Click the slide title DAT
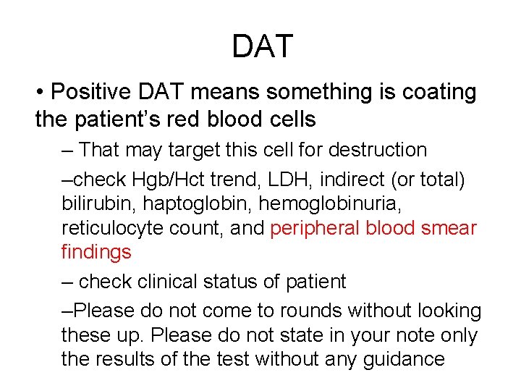click(262, 46)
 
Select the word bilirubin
click(94, 203)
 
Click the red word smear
click(448, 229)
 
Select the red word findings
click(96, 253)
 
